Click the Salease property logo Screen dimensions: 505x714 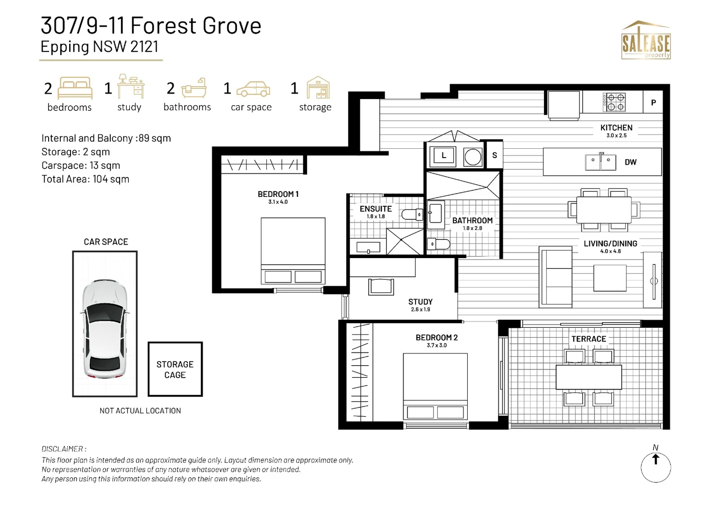click(646, 41)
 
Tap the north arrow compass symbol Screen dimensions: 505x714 click(656, 466)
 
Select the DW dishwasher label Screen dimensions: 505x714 click(630, 162)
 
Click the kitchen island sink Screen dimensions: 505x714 click(600, 162)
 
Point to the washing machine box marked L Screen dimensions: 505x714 click(443, 156)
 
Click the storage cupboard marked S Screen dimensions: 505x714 click(494, 155)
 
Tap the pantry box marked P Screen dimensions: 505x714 click(653, 103)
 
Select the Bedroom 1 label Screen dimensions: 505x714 click(278, 194)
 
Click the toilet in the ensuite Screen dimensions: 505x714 click(412, 215)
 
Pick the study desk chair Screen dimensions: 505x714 click(381, 286)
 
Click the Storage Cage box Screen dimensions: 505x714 click(175, 369)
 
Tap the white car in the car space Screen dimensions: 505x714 click(105, 329)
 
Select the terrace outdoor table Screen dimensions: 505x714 click(588, 377)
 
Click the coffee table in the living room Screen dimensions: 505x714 click(610, 278)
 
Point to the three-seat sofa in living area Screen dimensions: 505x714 click(556, 277)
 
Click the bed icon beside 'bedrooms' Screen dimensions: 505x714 click(75, 88)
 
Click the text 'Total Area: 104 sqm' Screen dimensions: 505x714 click(86, 179)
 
